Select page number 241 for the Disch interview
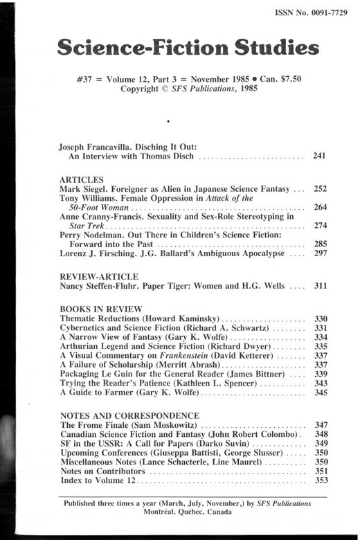[319, 157]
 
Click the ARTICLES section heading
[82, 179]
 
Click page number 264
[319, 207]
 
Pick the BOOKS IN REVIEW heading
[101, 308]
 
